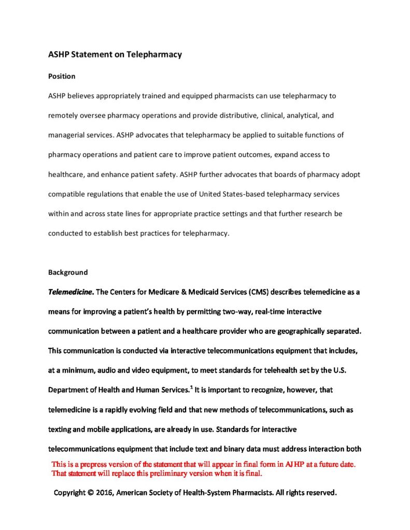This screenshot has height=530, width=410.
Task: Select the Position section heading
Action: (62, 76)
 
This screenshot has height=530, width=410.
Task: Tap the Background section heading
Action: (68, 272)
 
